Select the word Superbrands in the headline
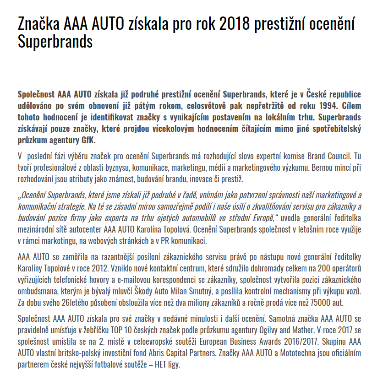click(55, 42)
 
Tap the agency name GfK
click(87, 140)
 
